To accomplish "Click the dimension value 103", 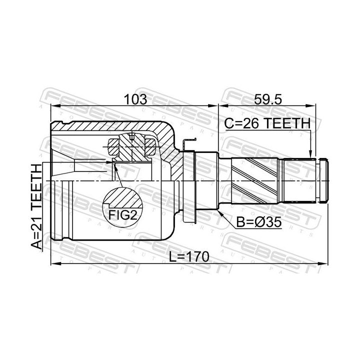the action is (135, 99).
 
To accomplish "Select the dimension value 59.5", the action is (267, 99).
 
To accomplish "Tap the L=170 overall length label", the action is (189, 256).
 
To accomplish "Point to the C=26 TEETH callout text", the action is (267, 124).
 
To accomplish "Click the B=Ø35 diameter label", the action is (259, 222).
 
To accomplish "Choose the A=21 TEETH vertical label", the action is (36, 206).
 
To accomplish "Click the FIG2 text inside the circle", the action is (122, 215).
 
